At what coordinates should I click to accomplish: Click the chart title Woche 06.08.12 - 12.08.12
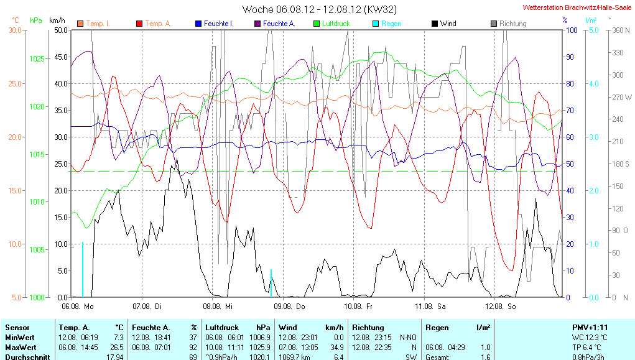pos(319,9)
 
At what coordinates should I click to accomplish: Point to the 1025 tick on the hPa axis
pos(37,59)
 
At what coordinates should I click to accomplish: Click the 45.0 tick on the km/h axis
pos(61,57)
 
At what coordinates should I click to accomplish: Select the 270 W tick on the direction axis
pos(621,98)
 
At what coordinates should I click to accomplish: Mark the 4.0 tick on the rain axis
pos(594,83)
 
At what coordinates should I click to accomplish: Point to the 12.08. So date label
pos(503,307)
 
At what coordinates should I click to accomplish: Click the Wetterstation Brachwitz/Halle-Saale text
pos(577,7)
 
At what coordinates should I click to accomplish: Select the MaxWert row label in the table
pos(20,346)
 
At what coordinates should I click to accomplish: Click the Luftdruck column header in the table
pos(220,327)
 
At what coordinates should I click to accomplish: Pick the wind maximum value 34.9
pos(335,346)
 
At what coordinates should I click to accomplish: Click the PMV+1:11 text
pos(590,327)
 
